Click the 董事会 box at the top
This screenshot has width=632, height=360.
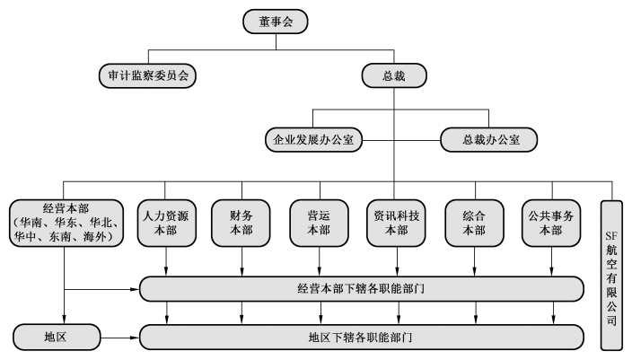pos(276,22)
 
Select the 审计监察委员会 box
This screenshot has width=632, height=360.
pos(147,75)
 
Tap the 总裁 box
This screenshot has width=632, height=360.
pos(394,75)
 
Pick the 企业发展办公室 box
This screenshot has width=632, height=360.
pos(313,140)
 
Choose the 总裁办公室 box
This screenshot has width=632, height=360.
pos(489,140)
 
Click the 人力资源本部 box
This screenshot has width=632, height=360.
pos(166,223)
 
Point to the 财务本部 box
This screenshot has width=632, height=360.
pos(241,223)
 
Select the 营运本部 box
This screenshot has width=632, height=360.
pos(319,223)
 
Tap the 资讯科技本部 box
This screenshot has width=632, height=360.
pos(396,223)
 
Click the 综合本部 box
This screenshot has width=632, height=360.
pos(474,223)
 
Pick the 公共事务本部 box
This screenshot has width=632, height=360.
pos(551,223)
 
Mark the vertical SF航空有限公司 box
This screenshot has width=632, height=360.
pos(611,276)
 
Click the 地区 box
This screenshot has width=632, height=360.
pos(57,337)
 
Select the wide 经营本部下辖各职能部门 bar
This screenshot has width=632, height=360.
pos(362,289)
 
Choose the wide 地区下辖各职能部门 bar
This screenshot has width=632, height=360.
pos(362,337)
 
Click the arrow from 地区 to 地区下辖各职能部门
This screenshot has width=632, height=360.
pos(119,338)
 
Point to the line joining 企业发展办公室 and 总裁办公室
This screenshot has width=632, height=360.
pos(401,140)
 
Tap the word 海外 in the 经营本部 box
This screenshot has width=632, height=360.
pos(94,237)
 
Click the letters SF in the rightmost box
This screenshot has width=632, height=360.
pos(611,236)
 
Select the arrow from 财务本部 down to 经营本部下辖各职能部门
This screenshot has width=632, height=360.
pos(241,261)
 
